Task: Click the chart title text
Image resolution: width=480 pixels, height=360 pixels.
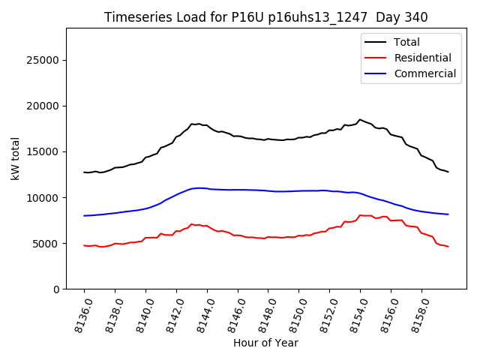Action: tap(265, 17)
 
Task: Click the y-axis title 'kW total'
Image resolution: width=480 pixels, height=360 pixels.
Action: tap(15, 158)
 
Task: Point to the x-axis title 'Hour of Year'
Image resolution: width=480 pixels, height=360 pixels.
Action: tap(265, 343)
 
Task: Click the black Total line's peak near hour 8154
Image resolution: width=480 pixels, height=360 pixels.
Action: tap(360, 119)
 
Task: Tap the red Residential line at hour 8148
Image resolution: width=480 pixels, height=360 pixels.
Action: tap(268, 237)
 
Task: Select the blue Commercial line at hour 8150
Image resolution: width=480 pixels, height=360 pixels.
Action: tap(299, 190)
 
